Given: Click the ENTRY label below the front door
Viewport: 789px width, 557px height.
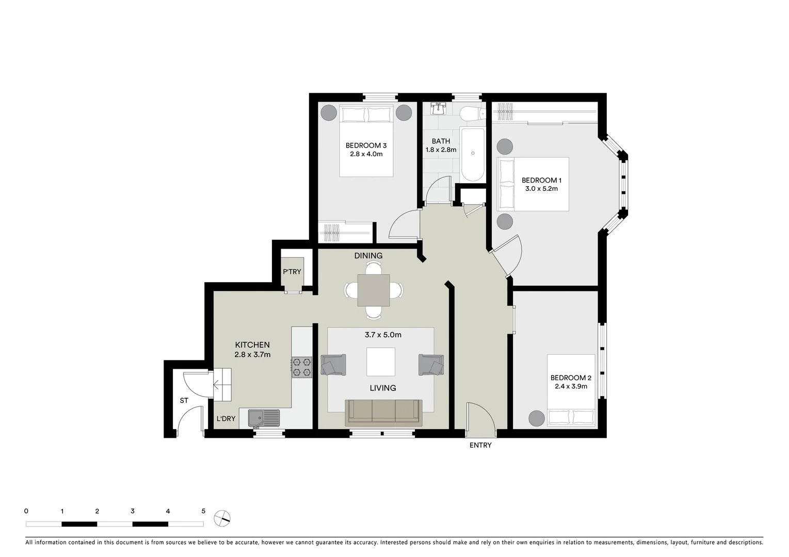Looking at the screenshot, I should (480, 445).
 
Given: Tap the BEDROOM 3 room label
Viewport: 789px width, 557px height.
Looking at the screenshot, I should (366, 145).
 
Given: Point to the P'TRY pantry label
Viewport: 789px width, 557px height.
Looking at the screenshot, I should (292, 272).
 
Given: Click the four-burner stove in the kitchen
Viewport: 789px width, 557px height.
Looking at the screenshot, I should (302, 367).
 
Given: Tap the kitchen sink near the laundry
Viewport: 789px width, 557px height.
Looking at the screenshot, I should (263, 418).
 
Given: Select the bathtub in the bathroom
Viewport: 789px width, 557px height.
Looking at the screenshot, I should (472, 154).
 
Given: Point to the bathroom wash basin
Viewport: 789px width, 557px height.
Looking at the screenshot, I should (439, 109).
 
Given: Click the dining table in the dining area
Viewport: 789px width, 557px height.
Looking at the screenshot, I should (374, 290).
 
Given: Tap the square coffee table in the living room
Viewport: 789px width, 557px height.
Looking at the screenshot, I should (381, 362).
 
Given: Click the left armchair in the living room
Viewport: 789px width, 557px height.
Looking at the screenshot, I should (333, 365).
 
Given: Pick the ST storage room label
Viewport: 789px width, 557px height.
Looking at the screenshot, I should (184, 400).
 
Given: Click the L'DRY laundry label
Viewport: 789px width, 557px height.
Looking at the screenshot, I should (226, 419).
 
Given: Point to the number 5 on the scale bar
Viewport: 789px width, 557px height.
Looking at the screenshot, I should (203, 511).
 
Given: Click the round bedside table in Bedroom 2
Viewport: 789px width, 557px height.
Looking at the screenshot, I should (536, 418).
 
